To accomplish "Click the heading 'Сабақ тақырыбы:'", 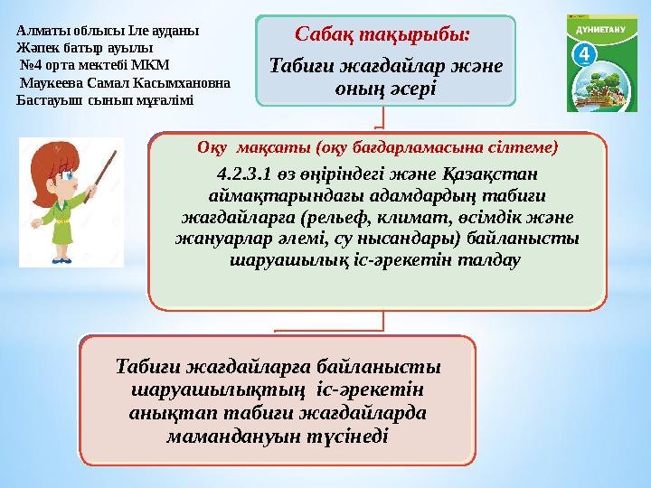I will pos(383,35).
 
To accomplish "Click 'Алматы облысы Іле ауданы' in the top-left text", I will pos(108,29).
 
